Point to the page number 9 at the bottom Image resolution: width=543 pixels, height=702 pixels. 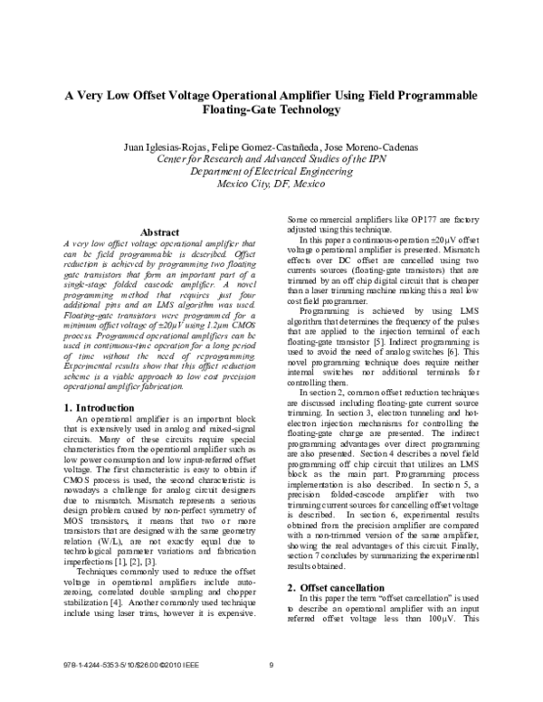tap(271, 668)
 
